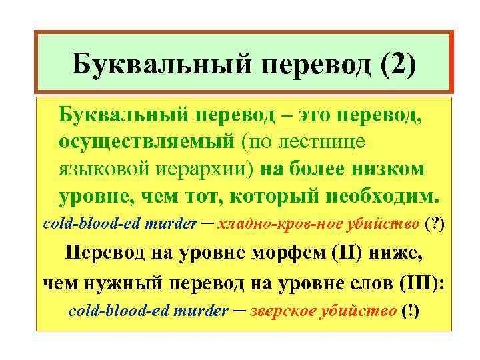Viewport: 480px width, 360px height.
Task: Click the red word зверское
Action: (284, 311)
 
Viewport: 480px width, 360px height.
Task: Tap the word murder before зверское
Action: (200, 311)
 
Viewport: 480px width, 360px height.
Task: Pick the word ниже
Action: (396, 254)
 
